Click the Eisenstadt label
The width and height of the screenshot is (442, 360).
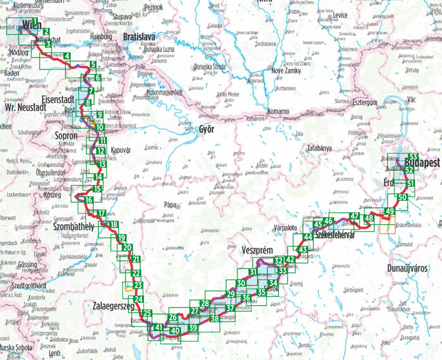[x=57, y=100]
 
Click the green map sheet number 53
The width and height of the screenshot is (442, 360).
[x=413, y=157]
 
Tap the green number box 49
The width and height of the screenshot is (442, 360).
[x=390, y=211]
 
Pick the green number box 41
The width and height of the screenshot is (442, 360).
[x=158, y=327]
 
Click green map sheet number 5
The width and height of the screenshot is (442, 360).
[x=92, y=65]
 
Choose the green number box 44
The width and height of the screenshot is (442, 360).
[x=308, y=237]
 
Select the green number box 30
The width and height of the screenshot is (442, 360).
[x=241, y=282]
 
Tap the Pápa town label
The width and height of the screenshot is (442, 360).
[x=169, y=205]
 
